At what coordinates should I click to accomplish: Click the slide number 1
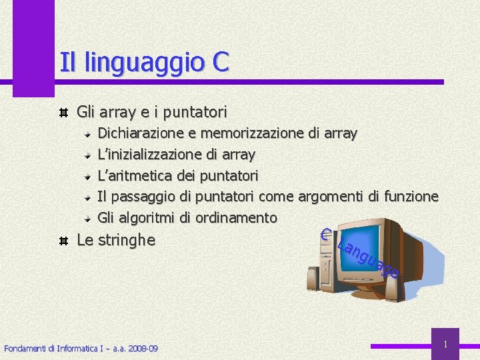[445, 344]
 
